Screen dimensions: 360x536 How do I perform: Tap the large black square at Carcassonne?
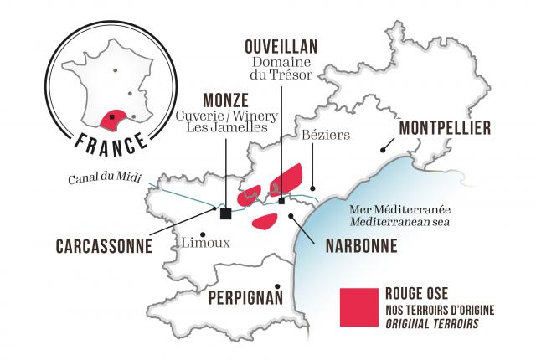point(225,213)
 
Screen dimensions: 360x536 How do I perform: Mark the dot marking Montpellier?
point(382,150)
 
